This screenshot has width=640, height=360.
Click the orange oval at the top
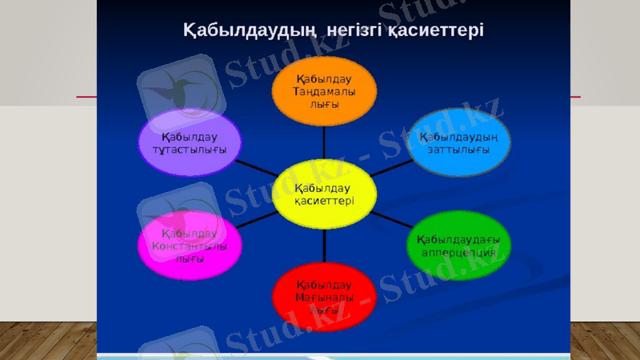coord(324,92)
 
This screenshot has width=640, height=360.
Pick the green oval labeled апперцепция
coord(458,245)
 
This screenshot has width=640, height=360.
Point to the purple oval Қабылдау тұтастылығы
coord(190,142)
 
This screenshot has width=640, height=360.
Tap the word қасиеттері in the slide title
coord(435,30)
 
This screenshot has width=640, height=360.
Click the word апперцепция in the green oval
coord(458,253)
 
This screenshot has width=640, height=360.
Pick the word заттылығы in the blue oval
coord(458,150)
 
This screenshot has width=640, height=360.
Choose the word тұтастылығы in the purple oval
coord(190,150)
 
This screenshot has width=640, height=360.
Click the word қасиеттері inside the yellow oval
coord(324,202)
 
